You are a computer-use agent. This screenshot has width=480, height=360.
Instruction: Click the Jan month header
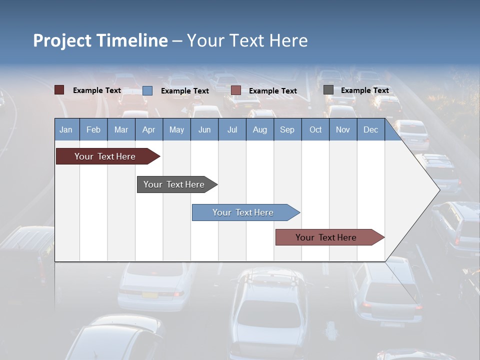point(66,130)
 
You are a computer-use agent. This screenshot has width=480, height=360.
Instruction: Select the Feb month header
point(93,130)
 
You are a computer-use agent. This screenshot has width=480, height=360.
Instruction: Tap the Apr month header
point(148,130)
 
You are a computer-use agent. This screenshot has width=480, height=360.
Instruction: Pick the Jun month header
point(204,130)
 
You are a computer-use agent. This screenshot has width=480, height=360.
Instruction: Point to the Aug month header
point(259,130)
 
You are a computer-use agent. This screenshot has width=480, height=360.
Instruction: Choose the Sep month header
point(287,130)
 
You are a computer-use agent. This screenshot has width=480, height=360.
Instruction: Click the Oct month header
point(315,130)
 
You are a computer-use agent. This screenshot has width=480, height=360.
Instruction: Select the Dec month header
point(370,130)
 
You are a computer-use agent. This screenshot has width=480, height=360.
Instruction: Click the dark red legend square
point(59,90)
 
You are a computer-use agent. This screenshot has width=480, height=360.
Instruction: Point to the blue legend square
point(147,90)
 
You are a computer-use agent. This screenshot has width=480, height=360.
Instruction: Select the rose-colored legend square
point(236,90)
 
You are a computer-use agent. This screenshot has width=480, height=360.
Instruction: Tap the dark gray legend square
point(328,90)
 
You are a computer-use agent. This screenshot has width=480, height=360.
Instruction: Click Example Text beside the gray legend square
point(364,90)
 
